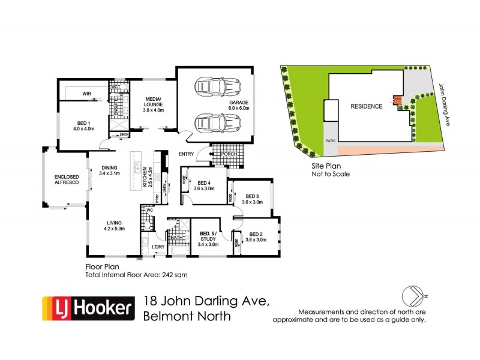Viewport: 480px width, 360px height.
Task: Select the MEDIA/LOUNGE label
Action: tap(152, 106)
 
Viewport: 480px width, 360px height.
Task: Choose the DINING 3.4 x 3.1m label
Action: tap(110, 170)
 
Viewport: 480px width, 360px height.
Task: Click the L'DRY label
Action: tap(158, 247)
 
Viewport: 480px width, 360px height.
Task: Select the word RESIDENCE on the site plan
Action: tap(366, 106)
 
